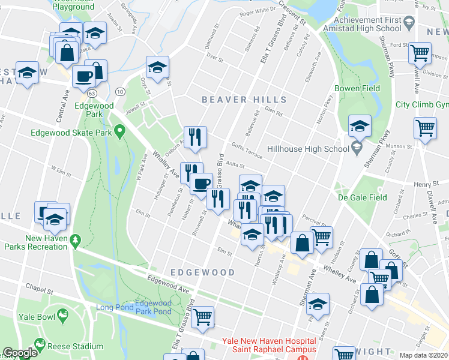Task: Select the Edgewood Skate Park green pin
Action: click(x=119, y=130)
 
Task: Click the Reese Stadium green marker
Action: click(x=40, y=344)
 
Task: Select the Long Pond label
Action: click(x=112, y=308)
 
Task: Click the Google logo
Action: click(x=20, y=353)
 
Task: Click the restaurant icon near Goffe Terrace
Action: click(x=195, y=137)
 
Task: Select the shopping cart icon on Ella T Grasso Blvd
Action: click(x=203, y=316)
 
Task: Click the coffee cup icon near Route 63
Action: click(x=83, y=76)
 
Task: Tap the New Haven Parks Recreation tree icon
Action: click(x=75, y=241)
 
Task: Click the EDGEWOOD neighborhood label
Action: click(x=202, y=272)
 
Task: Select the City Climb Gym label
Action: click(x=421, y=104)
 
